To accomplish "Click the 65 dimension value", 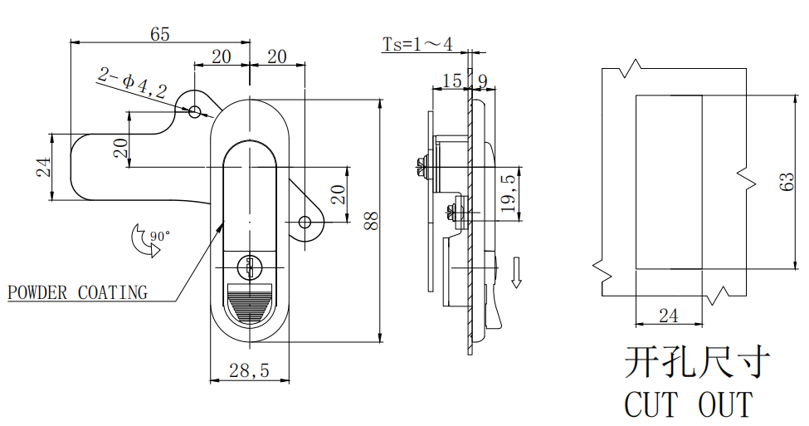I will pyautogui.click(x=160, y=34).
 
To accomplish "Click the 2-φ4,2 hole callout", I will pyautogui.click(x=132, y=83).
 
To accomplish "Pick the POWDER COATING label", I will pyautogui.click(x=77, y=292).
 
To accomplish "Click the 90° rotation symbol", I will pyautogui.click(x=146, y=241).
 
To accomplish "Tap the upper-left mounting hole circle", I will pyautogui.click(x=196, y=111).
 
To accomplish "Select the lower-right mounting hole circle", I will pyautogui.click(x=305, y=222).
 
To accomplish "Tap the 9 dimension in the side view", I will pyautogui.click(x=482, y=81).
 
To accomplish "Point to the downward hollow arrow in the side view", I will pyautogui.click(x=516, y=272).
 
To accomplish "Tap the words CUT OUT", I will pyautogui.click(x=688, y=405).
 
